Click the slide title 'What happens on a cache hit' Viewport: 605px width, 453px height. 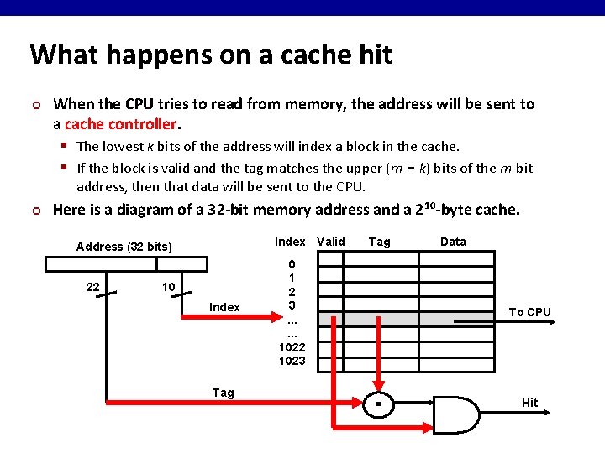point(211,55)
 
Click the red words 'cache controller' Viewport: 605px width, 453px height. point(121,123)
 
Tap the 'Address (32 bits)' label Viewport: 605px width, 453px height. point(124,247)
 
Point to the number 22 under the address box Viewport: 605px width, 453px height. point(93,287)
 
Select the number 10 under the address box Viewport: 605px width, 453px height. point(168,287)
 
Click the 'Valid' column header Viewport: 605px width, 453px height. point(330,242)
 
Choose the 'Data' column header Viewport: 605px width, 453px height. point(453,242)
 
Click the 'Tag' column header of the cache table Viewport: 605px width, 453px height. point(380,242)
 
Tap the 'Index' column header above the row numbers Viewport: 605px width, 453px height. point(290,242)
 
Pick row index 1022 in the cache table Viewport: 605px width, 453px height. point(292,347)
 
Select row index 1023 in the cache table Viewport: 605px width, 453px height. point(292,361)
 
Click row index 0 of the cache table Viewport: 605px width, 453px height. point(292,264)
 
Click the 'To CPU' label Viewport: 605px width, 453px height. point(530,312)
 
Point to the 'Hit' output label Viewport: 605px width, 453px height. point(529,403)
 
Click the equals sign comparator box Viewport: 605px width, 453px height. point(378,404)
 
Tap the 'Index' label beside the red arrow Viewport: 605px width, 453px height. point(224,307)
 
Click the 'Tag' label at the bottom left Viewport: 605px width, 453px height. point(224,393)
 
